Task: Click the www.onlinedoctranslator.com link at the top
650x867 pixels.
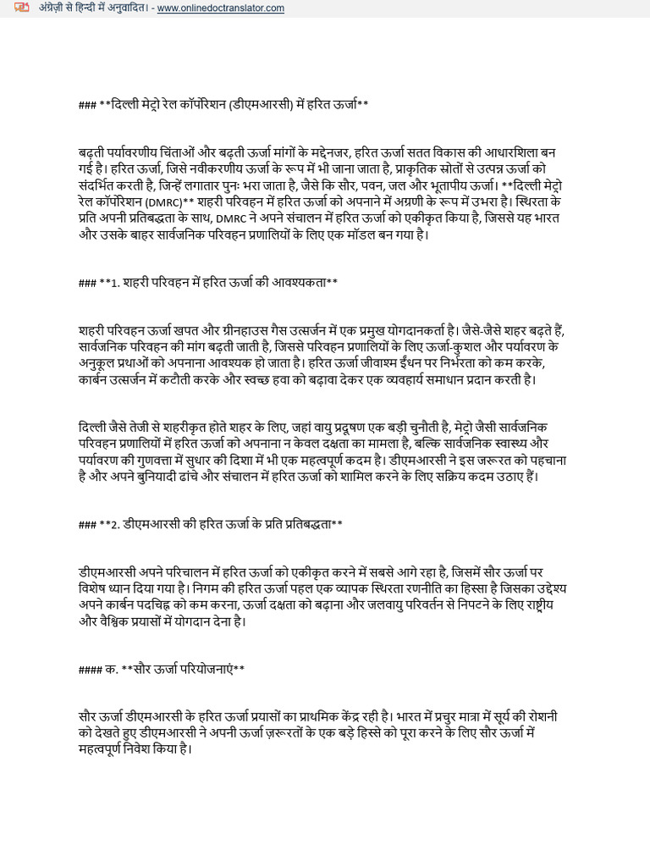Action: tap(220, 8)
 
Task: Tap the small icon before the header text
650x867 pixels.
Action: tap(21, 8)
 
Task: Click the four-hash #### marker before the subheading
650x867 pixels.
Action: tap(90, 669)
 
